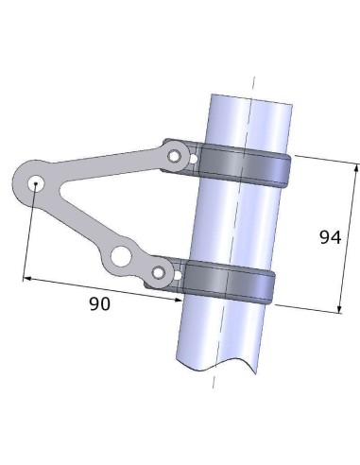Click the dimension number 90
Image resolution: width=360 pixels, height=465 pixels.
click(x=98, y=303)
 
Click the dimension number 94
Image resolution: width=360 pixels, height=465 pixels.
click(x=328, y=237)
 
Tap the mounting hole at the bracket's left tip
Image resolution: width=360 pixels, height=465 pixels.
click(x=34, y=182)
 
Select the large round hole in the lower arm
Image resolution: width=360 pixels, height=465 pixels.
click(x=123, y=257)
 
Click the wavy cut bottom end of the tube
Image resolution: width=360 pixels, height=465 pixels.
click(x=217, y=364)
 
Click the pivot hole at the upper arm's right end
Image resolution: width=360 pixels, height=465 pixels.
click(x=174, y=154)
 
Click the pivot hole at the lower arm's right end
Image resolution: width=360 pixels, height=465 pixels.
click(x=158, y=275)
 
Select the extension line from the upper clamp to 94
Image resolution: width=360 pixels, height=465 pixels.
click(x=321, y=159)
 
